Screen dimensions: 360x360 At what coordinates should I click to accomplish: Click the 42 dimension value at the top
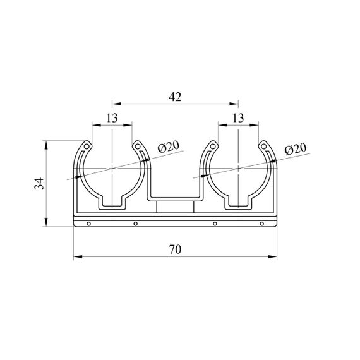pyautogui.click(x=175, y=97)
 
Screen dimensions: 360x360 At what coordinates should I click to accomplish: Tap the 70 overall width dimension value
pyautogui.click(x=175, y=249)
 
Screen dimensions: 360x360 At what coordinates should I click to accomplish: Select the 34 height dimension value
pyautogui.click(x=39, y=183)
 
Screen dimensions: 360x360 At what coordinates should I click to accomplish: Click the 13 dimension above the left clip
pyautogui.click(x=112, y=118)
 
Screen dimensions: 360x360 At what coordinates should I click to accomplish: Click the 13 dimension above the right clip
pyautogui.click(x=238, y=118)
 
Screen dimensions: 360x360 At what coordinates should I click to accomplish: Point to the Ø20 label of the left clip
pyautogui.click(x=168, y=147)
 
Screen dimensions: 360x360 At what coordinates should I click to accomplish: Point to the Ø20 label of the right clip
pyautogui.click(x=296, y=149)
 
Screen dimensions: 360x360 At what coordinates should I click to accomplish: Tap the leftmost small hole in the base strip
pyautogui.click(x=89, y=224)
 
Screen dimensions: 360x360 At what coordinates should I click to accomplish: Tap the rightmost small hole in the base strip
pyautogui.click(x=261, y=224)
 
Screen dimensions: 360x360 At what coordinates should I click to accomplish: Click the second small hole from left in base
pyautogui.click(x=136, y=224)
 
